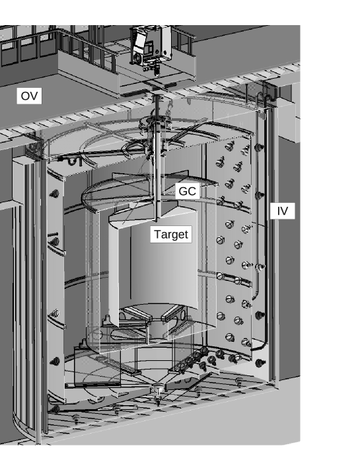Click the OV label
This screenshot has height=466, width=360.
29,96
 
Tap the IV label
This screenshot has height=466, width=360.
282,211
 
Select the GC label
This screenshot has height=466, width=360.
188,191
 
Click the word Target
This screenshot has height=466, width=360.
170,234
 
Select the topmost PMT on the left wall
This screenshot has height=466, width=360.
54,194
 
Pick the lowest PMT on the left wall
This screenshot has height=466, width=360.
54,362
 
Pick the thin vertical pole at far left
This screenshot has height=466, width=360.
39,297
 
